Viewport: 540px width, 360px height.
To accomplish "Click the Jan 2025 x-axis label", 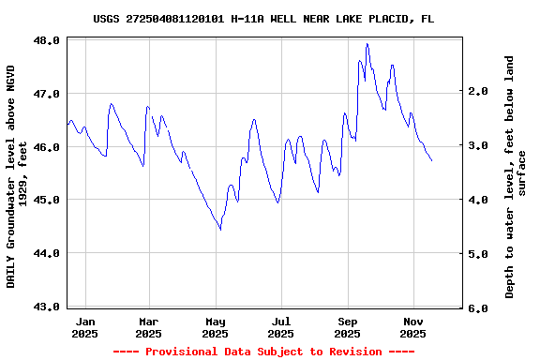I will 84,326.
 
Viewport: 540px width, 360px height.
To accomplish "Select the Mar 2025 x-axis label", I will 149,326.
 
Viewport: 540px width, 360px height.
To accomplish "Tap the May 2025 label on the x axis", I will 216,326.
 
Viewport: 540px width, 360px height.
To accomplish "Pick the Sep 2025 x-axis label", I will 348,326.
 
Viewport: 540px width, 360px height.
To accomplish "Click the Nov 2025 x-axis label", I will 413,326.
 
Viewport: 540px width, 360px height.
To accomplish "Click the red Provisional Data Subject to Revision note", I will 263,352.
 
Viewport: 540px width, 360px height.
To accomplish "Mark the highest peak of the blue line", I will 367,43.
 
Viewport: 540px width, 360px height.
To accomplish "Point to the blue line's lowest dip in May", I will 220,229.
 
